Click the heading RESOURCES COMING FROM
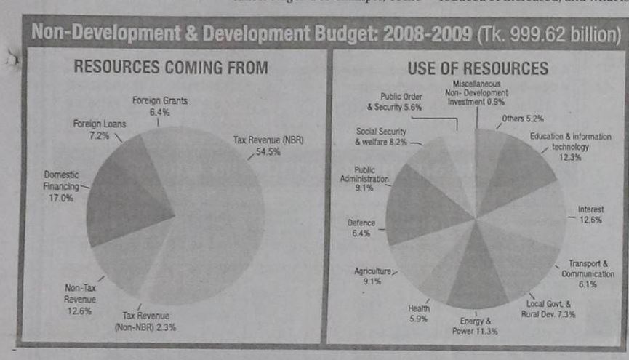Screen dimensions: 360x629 (x=172, y=68)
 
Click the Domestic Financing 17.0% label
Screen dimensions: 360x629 (x=61, y=186)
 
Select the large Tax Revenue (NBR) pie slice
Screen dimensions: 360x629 (x=218, y=218)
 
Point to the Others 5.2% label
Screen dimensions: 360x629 (x=524, y=118)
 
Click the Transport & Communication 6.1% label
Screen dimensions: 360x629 (x=588, y=273)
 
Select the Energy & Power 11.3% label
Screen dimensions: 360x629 (x=476, y=326)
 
